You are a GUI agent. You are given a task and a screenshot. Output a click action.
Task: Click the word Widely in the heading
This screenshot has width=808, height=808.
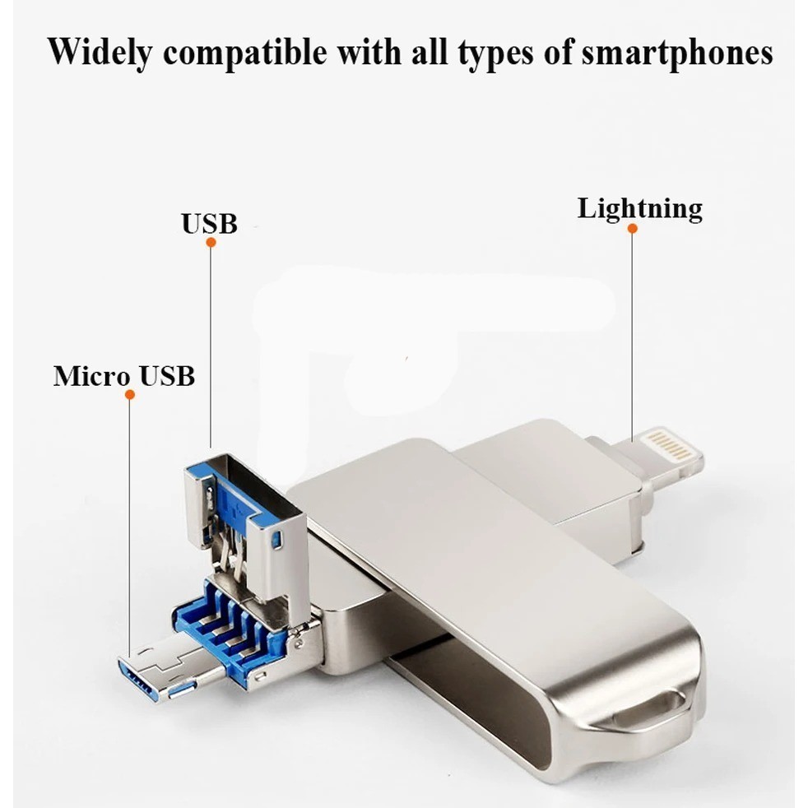tap(100, 53)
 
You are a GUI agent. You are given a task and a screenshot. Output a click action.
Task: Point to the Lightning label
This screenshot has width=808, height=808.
tap(639, 209)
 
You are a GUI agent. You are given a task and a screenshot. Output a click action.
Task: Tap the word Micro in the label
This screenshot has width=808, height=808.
tap(91, 376)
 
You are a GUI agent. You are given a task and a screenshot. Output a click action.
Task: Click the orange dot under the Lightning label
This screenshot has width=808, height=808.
tap(632, 228)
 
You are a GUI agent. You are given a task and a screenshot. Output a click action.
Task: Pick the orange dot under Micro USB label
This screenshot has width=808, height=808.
tap(129, 395)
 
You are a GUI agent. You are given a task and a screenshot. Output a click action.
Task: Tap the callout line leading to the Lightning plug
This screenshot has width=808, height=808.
tap(632, 329)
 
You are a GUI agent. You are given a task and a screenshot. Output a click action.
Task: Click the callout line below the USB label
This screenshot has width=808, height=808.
tap(210, 346)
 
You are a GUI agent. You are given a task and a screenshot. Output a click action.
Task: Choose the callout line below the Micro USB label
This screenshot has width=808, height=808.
tap(129, 527)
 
